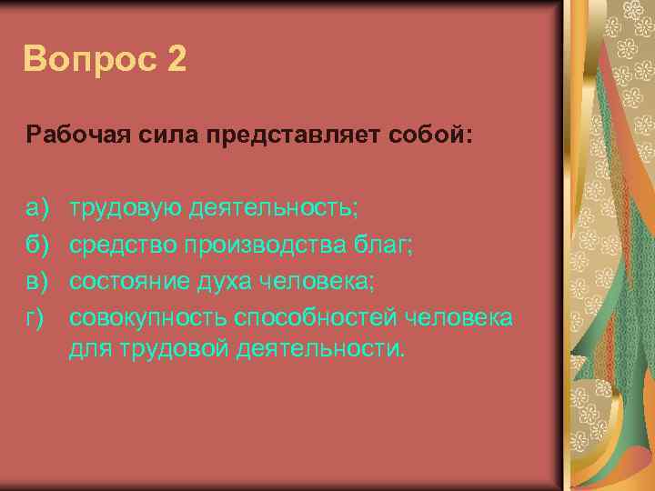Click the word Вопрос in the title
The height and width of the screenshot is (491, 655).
(x=87, y=60)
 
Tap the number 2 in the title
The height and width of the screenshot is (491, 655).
(x=177, y=60)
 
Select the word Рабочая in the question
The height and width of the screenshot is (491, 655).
(x=68, y=136)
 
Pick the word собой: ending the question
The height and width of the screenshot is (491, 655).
(x=439, y=136)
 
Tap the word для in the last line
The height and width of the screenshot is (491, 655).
(x=87, y=350)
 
